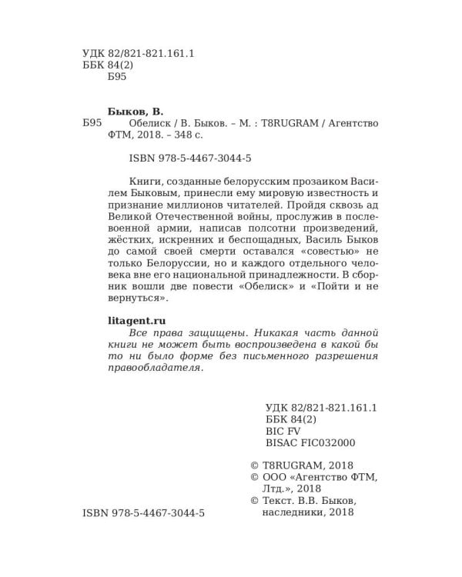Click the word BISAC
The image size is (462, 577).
pos(280,443)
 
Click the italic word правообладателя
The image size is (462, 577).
pos(152,368)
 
